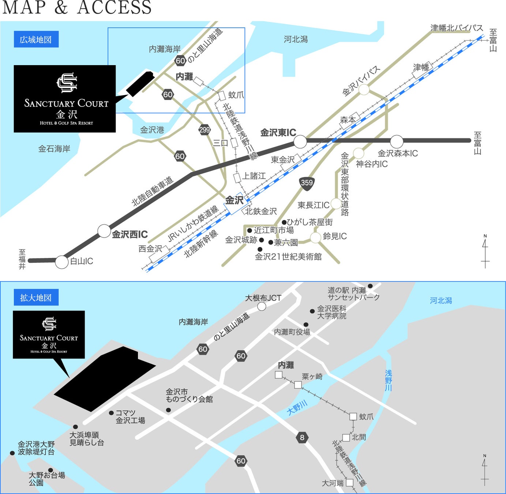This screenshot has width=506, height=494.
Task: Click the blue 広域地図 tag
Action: tap(36, 40)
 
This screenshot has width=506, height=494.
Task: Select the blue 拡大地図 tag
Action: tap(36, 297)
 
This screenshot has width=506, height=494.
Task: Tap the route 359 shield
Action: tap(307, 183)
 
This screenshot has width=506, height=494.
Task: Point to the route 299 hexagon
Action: tap(205, 130)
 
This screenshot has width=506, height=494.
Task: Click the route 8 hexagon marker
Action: tap(302, 437)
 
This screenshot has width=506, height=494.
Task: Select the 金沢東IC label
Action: tap(278, 132)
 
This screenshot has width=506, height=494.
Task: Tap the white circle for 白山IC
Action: tap(62, 262)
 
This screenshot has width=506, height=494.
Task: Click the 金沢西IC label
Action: tap(130, 234)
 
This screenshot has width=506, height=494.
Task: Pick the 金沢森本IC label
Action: tap(398, 153)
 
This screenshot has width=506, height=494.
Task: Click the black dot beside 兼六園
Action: tap(271, 242)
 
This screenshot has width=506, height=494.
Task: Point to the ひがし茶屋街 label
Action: tap(310, 222)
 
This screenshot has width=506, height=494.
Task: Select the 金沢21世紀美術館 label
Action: tap(288, 257)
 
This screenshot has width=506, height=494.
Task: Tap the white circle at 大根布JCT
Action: tap(262, 306)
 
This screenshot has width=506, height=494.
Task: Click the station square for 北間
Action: tap(346, 437)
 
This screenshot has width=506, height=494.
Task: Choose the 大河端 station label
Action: tap(333, 483)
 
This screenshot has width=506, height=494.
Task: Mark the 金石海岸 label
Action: tap(54, 149)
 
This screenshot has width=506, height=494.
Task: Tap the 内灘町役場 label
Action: tap(292, 332)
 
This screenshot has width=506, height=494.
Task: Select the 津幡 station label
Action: tap(421, 67)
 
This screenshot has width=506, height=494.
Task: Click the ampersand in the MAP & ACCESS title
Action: tap(61, 8)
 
